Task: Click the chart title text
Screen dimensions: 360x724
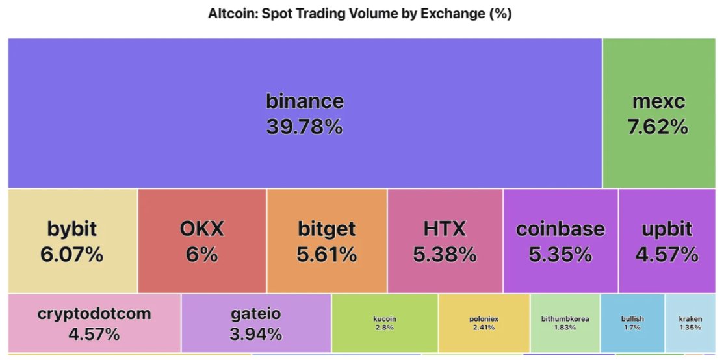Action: (359, 14)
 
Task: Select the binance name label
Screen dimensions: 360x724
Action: (305, 101)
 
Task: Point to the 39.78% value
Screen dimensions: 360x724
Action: (305, 126)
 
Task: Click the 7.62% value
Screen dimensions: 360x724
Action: (658, 126)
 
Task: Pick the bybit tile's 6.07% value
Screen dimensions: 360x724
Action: (72, 254)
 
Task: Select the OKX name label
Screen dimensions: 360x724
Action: (201, 229)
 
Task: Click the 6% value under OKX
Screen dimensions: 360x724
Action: (201, 254)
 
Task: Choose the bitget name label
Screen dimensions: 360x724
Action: (327, 229)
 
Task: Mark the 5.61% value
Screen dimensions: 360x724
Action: (327, 254)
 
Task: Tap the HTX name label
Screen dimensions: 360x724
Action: (445, 229)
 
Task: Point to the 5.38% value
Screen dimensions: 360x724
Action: (445, 254)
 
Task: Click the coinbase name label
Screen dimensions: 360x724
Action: (560, 229)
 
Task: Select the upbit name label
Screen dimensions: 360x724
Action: (667, 229)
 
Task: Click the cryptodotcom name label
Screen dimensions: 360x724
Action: (94, 314)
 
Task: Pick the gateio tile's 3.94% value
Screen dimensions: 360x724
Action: (256, 334)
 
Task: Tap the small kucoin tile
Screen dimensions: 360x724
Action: (385, 322)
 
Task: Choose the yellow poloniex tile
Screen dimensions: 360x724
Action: (484, 322)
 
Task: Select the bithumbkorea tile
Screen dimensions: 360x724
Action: (565, 322)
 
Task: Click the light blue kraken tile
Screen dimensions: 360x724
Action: (690, 322)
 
